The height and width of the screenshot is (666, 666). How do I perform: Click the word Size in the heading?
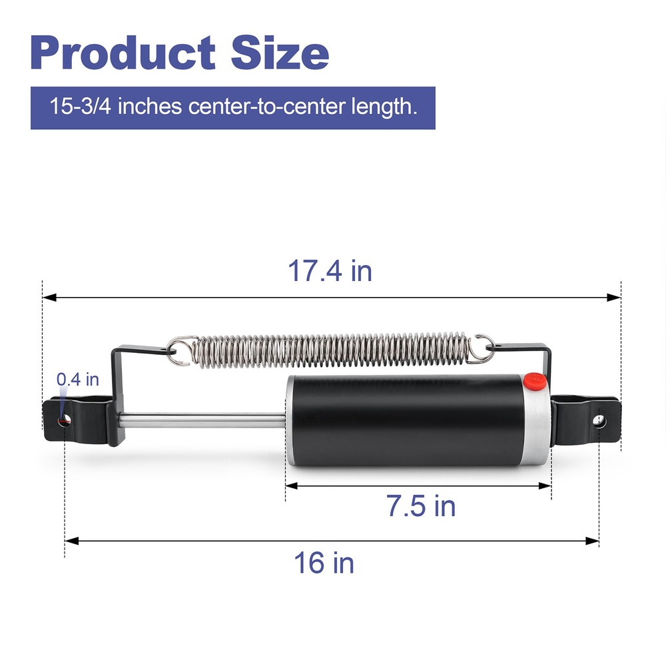(x=280, y=53)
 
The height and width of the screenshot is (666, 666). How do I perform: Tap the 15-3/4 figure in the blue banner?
(x=81, y=106)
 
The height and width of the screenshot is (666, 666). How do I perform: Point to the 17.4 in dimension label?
(x=330, y=270)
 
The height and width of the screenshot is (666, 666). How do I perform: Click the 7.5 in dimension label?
(x=421, y=506)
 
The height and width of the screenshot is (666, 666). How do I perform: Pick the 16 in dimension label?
(x=324, y=563)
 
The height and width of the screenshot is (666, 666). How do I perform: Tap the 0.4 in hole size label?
(x=78, y=380)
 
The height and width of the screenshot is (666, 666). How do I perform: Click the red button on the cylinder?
(x=535, y=380)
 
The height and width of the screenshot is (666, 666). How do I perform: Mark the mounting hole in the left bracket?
(x=65, y=420)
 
